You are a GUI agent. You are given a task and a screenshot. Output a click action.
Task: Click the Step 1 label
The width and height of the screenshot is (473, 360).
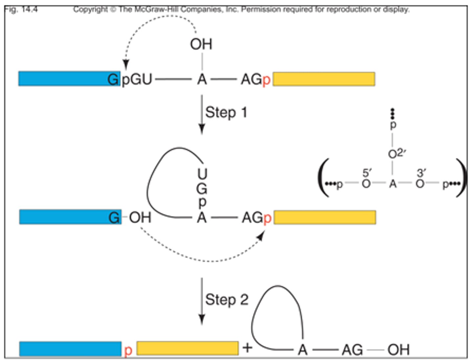click(226, 112)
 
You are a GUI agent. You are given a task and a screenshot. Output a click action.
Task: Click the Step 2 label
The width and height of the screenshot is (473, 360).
click(227, 300)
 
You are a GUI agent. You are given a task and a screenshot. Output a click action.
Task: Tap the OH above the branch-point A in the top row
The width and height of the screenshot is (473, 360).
click(201, 44)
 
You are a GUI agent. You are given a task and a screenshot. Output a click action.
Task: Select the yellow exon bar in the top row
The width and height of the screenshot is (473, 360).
click(324, 79)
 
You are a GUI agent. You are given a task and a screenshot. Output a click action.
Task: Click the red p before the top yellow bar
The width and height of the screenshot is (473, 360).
click(266, 80)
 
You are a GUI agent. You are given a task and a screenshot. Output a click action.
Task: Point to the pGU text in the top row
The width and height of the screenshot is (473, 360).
click(137, 79)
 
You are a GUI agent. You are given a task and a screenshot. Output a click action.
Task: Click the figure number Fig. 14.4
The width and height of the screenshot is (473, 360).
click(21, 9)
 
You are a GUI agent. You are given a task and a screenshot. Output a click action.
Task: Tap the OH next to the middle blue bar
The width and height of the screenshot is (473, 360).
click(140, 217)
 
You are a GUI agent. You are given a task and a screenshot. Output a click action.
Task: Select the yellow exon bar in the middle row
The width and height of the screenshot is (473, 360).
click(325, 217)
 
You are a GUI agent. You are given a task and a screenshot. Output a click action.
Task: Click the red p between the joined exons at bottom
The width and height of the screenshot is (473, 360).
click(128, 350)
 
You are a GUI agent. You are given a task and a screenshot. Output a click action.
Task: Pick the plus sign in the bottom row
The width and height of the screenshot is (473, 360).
click(248, 348)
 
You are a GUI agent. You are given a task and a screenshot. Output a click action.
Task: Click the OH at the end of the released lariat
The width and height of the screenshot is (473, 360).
click(398, 350)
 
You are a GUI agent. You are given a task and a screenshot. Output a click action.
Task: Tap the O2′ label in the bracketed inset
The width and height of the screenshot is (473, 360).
click(397, 153)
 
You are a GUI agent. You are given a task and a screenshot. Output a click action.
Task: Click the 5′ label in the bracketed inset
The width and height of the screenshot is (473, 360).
click(367, 173)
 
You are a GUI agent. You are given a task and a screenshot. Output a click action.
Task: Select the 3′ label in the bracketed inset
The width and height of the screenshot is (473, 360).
click(421, 173)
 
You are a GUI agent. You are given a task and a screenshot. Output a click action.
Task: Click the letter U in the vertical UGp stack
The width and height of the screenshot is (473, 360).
click(202, 174)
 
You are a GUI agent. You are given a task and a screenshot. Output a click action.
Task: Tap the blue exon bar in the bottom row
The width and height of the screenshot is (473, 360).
click(70, 349)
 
